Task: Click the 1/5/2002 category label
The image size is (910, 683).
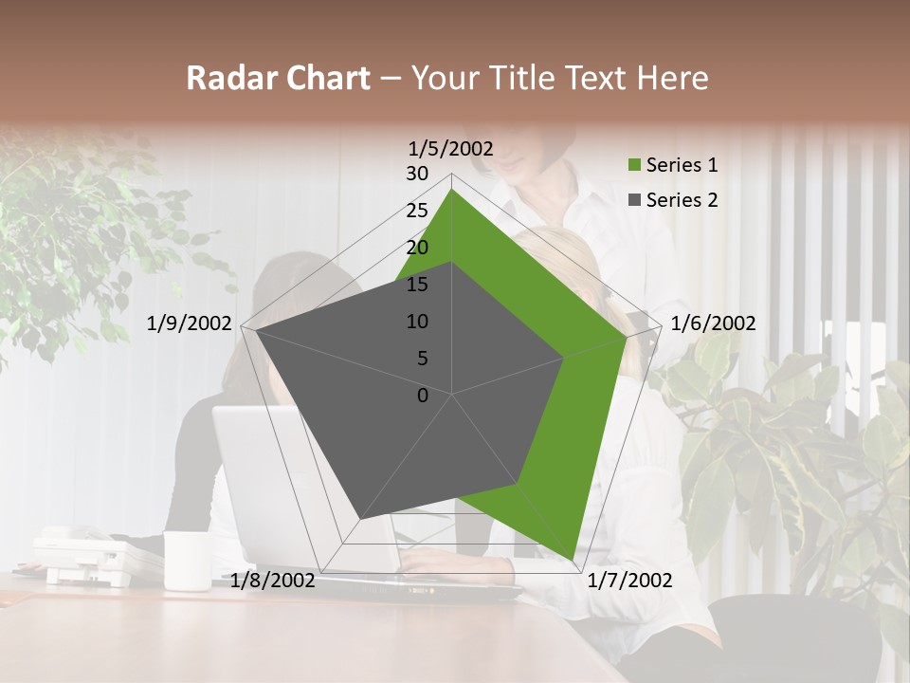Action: click(x=451, y=148)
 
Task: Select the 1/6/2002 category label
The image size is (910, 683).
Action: click(x=713, y=323)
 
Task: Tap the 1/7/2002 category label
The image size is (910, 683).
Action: click(x=628, y=581)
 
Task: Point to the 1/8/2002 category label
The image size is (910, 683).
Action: click(x=273, y=581)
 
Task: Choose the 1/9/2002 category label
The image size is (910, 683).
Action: click(x=190, y=323)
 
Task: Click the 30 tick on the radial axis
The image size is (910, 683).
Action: click(x=417, y=174)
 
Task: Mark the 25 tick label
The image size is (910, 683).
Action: click(x=417, y=211)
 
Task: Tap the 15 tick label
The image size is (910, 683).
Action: click(x=417, y=285)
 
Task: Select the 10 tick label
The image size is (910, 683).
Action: click(x=417, y=322)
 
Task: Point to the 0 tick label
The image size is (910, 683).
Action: click(x=423, y=396)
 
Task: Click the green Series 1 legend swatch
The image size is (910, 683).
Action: click(x=635, y=166)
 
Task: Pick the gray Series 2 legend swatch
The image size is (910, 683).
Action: click(x=635, y=200)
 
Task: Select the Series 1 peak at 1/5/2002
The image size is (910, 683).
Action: click(x=451, y=189)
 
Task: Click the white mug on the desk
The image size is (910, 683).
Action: click(x=187, y=561)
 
